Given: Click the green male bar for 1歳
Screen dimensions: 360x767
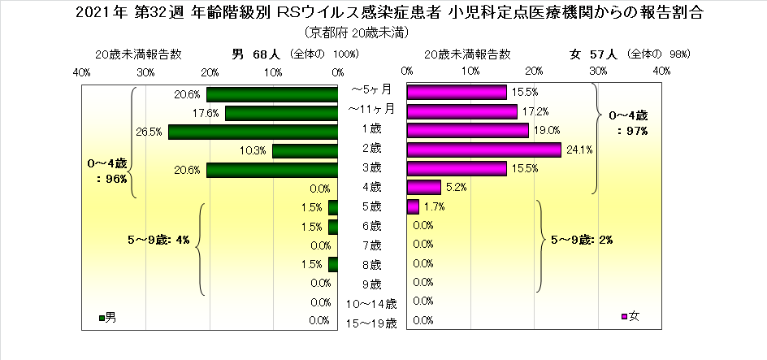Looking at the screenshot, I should [253, 132].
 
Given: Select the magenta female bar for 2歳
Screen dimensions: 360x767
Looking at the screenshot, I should [483, 150].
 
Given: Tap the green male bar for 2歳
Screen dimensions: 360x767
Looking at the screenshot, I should [305, 150].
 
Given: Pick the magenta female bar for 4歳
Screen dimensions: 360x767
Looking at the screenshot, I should [423, 188].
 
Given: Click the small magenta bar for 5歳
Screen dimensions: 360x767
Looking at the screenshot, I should [412, 206].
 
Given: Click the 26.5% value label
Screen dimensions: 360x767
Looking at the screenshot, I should [152, 132].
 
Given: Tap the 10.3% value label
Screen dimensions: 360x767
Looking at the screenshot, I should [256, 150].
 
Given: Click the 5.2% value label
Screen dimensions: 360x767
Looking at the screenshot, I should [455, 188].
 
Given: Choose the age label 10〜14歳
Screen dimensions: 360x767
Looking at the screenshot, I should [372, 304].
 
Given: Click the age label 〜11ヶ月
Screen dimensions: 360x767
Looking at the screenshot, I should [370, 109].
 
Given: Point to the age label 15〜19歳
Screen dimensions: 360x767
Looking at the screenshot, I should [372, 323].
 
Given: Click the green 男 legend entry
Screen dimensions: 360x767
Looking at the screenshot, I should [107, 316].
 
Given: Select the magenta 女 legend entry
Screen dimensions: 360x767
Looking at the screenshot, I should [630, 316].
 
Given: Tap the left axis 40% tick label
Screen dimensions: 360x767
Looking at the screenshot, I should [81, 72].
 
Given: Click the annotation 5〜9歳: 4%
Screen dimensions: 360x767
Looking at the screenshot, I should [158, 240].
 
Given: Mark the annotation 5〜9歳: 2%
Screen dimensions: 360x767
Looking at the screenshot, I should [581, 240].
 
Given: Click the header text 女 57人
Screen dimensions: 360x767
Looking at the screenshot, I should [595, 54].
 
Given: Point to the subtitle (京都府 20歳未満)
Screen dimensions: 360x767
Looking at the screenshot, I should [357, 33].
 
